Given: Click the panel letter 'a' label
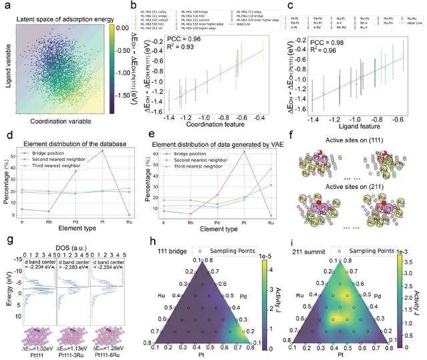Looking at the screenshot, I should (7, 6).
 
